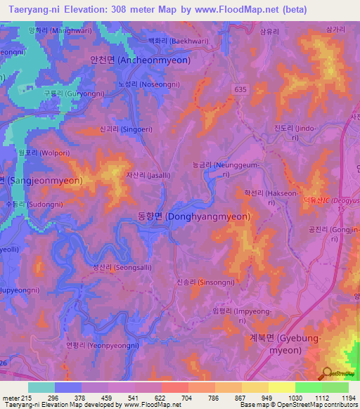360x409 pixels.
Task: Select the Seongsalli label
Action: click(x=107, y=267)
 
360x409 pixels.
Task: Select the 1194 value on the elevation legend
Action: click(x=340, y=398)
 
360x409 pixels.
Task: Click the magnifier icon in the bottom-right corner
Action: click(x=327, y=372)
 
